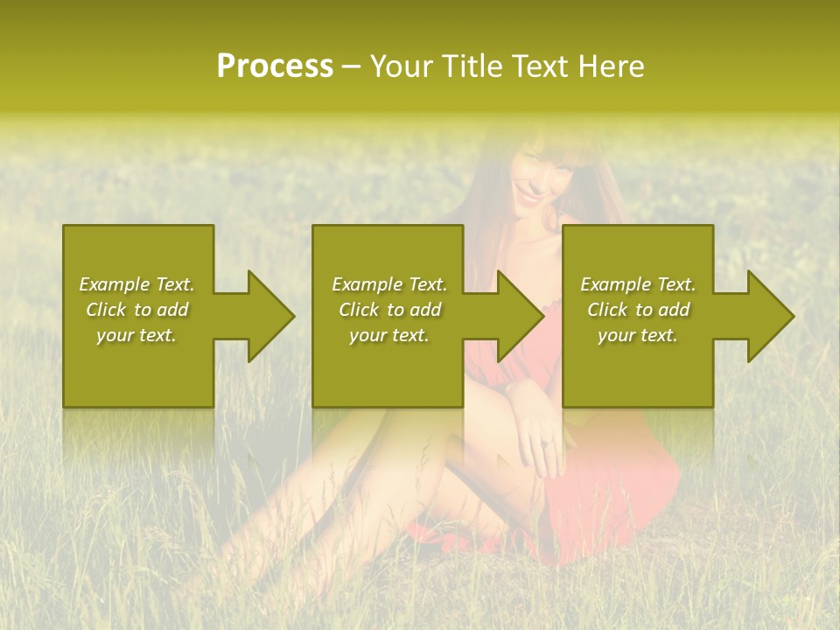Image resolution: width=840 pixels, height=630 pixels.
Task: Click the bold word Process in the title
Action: (275, 66)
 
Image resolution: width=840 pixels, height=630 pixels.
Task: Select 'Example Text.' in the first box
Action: (136, 284)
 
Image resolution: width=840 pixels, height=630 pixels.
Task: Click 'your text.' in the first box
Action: (136, 335)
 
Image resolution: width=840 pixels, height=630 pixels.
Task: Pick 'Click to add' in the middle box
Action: (389, 310)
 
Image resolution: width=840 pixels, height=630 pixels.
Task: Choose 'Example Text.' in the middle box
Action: (389, 284)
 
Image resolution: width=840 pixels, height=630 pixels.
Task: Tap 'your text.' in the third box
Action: (638, 335)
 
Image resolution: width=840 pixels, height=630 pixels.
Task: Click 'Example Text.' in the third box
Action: (638, 284)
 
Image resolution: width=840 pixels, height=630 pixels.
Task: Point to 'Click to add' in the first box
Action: (136, 310)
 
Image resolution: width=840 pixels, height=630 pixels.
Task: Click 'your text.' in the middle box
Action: (389, 335)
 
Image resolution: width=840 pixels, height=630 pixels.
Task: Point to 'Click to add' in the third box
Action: (638, 310)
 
